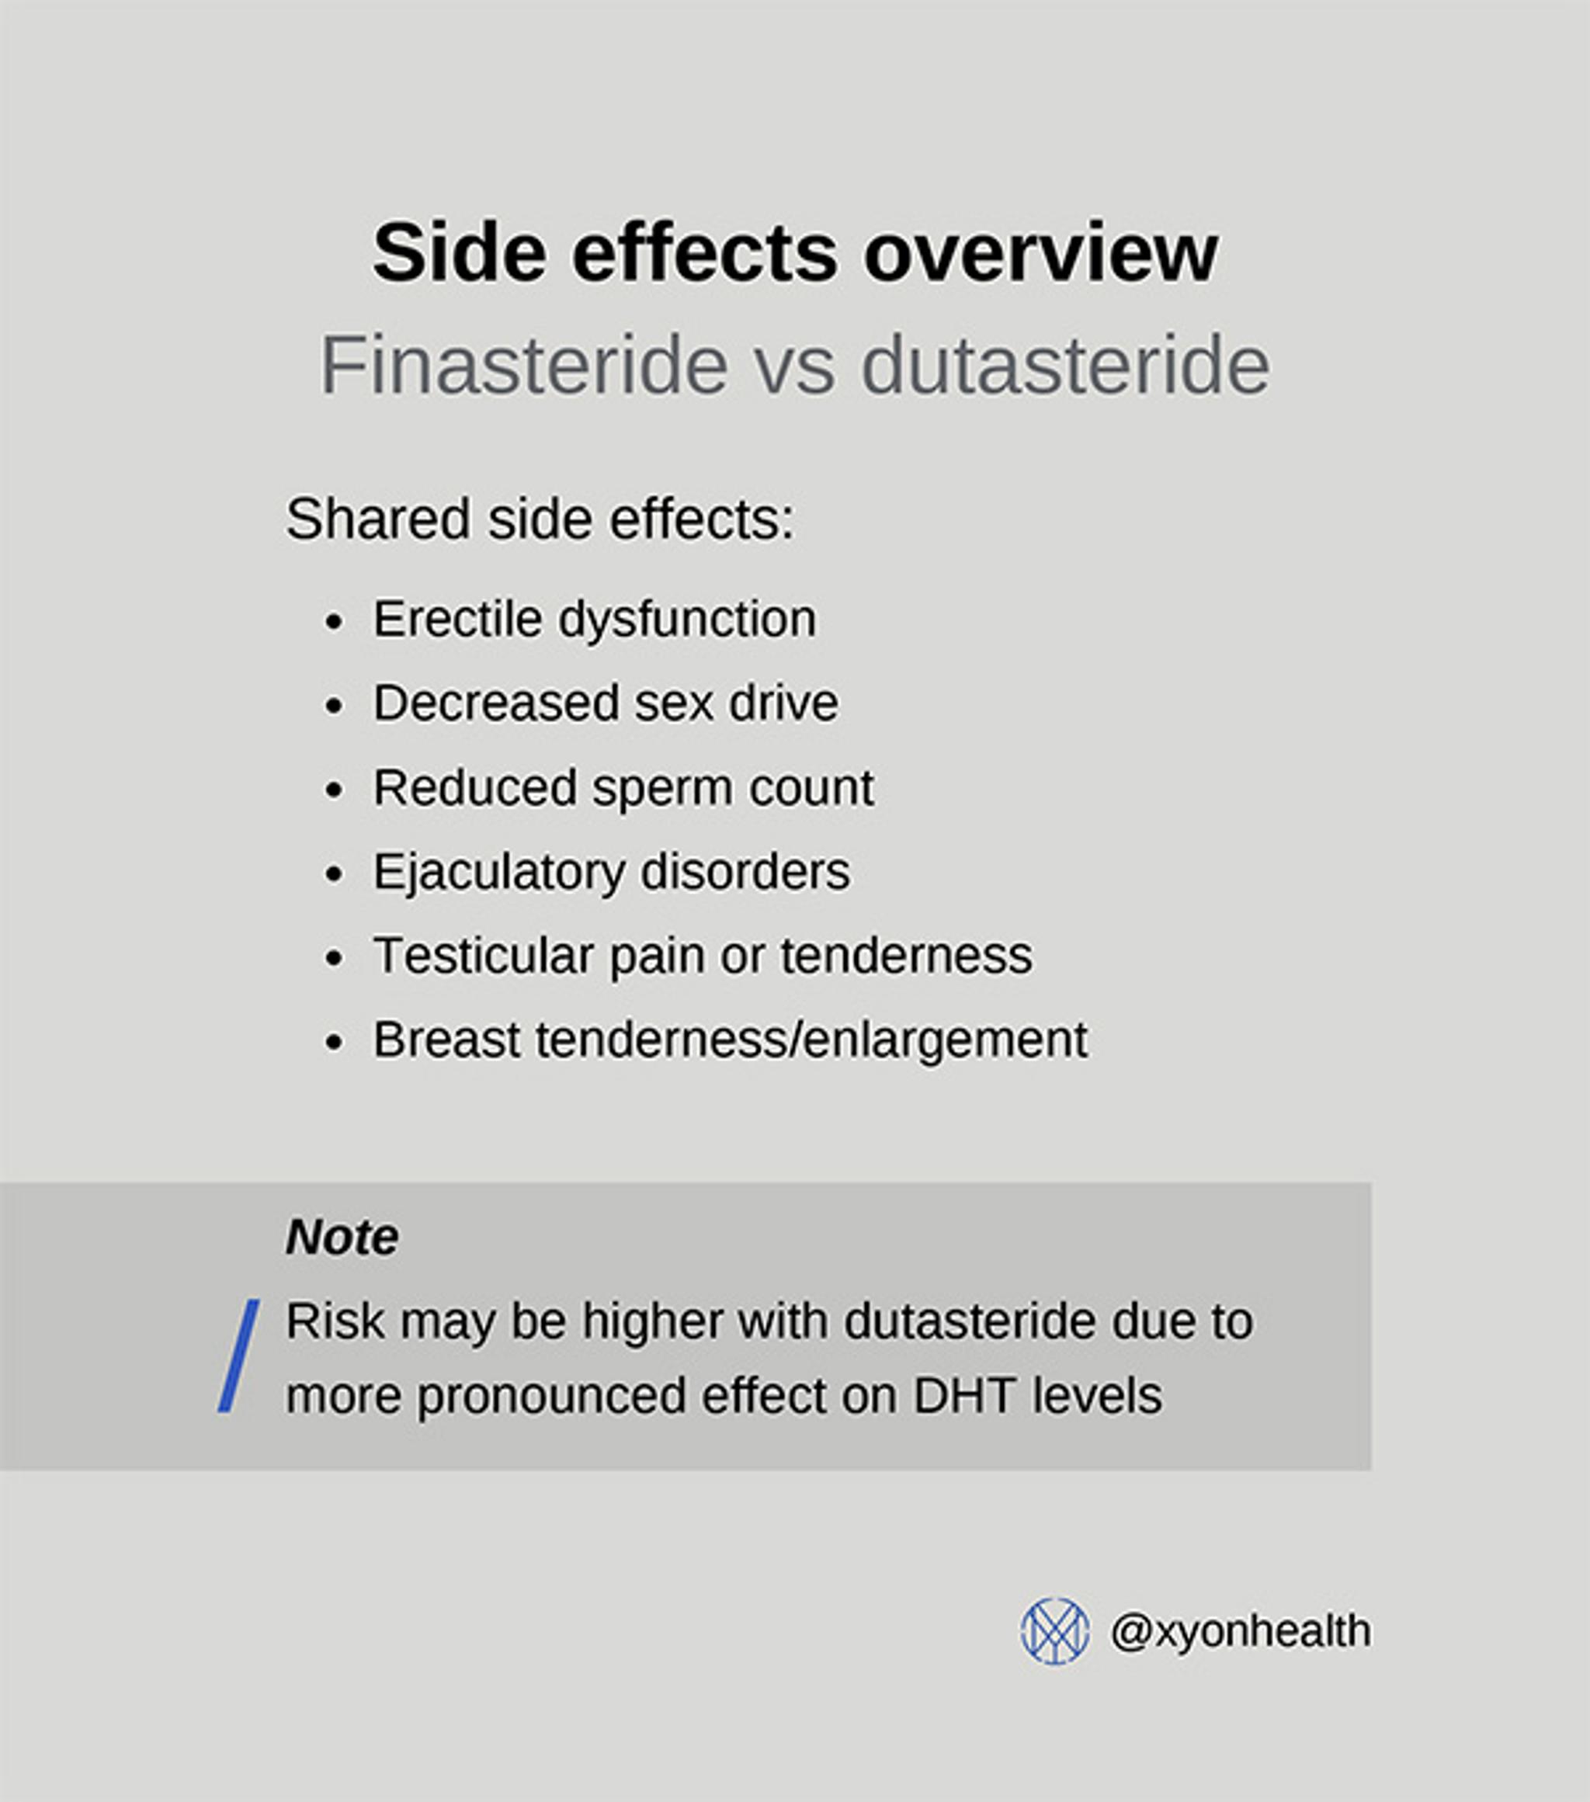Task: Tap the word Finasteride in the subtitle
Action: (523, 365)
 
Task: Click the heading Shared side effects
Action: (540, 519)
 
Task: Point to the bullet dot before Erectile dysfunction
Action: (333, 623)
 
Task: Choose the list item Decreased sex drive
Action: (606, 703)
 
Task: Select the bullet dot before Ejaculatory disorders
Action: (333, 874)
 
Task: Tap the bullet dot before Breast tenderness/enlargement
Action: (333, 1043)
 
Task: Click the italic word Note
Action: (342, 1236)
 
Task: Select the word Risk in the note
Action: (335, 1321)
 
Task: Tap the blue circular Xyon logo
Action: (1054, 1632)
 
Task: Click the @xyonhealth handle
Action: (1240, 1632)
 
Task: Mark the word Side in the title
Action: (458, 254)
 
